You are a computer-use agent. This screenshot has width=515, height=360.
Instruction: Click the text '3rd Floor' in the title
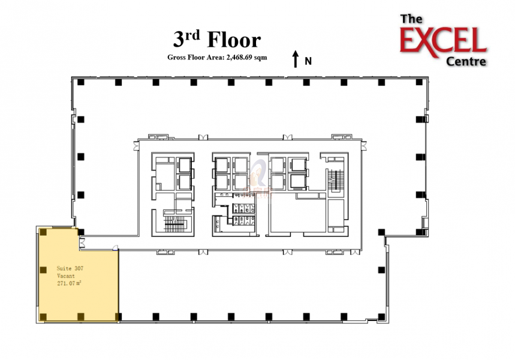pos(217,40)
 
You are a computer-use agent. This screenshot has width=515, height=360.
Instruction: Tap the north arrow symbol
pos(295,59)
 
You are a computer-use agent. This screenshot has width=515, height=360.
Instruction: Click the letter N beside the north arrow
pos(308,61)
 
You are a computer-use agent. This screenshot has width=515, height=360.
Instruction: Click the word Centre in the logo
pos(466,61)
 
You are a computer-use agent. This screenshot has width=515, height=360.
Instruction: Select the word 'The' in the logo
pos(411,19)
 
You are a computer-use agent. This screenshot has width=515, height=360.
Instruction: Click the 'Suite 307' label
pos(70,268)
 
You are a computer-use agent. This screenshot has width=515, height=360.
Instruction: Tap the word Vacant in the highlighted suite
pos(66,275)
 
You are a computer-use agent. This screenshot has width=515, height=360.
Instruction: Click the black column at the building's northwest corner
pos(81,82)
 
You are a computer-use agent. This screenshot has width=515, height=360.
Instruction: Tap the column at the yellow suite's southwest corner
pos(44,316)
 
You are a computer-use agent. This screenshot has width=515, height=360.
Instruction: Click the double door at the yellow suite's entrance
pos(83,242)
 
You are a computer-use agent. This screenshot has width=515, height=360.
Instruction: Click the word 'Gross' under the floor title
pos(177,58)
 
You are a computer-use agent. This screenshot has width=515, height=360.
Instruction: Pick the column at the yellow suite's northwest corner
pos(44,232)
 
